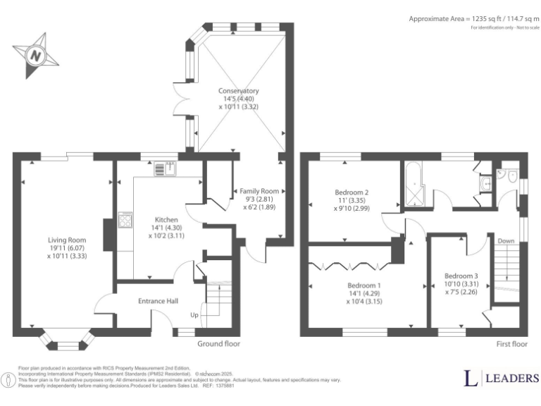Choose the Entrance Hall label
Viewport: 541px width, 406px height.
point(158,301)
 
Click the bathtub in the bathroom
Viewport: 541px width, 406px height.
point(410,184)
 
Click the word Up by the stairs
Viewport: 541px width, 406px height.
point(194,315)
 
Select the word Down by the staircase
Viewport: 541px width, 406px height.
point(505,240)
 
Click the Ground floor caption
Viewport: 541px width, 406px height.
point(219,344)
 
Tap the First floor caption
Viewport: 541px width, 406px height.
point(511,344)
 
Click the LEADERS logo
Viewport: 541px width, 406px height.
point(501,379)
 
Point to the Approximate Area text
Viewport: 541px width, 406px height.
point(473,19)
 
